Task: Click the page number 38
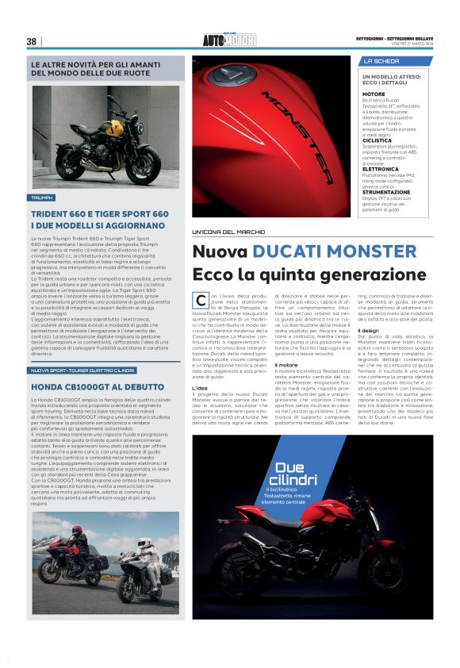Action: [x=32, y=41]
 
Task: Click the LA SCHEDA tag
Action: [x=381, y=61]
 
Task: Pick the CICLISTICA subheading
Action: [x=378, y=117]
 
